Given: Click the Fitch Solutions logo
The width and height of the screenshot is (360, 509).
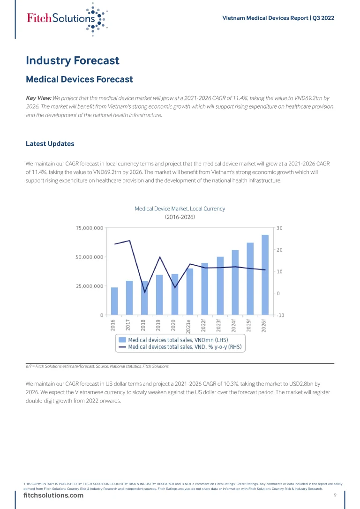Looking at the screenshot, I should (66, 19).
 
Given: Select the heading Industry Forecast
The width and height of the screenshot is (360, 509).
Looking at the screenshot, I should (73, 60).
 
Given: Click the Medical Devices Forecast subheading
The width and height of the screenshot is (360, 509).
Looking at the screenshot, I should (79, 79).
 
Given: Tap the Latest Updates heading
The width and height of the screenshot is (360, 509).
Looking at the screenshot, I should (50, 143).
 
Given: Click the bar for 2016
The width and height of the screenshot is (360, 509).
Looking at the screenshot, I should (114, 301).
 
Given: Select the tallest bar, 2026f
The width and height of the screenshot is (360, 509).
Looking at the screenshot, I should (265, 275).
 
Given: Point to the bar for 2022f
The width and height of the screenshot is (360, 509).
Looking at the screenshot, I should (205, 289).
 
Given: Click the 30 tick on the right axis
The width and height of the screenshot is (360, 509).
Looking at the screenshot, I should (279, 228).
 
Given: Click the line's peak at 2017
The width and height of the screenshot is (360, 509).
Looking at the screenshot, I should (129, 240).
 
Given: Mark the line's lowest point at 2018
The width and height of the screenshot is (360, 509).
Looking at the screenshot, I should (144, 292).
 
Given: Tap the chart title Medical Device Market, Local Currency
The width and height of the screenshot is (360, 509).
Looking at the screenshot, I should (180, 209).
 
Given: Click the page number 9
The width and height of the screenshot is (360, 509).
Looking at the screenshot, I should (335, 495).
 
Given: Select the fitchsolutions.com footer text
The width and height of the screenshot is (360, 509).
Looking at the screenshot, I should (54, 495).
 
